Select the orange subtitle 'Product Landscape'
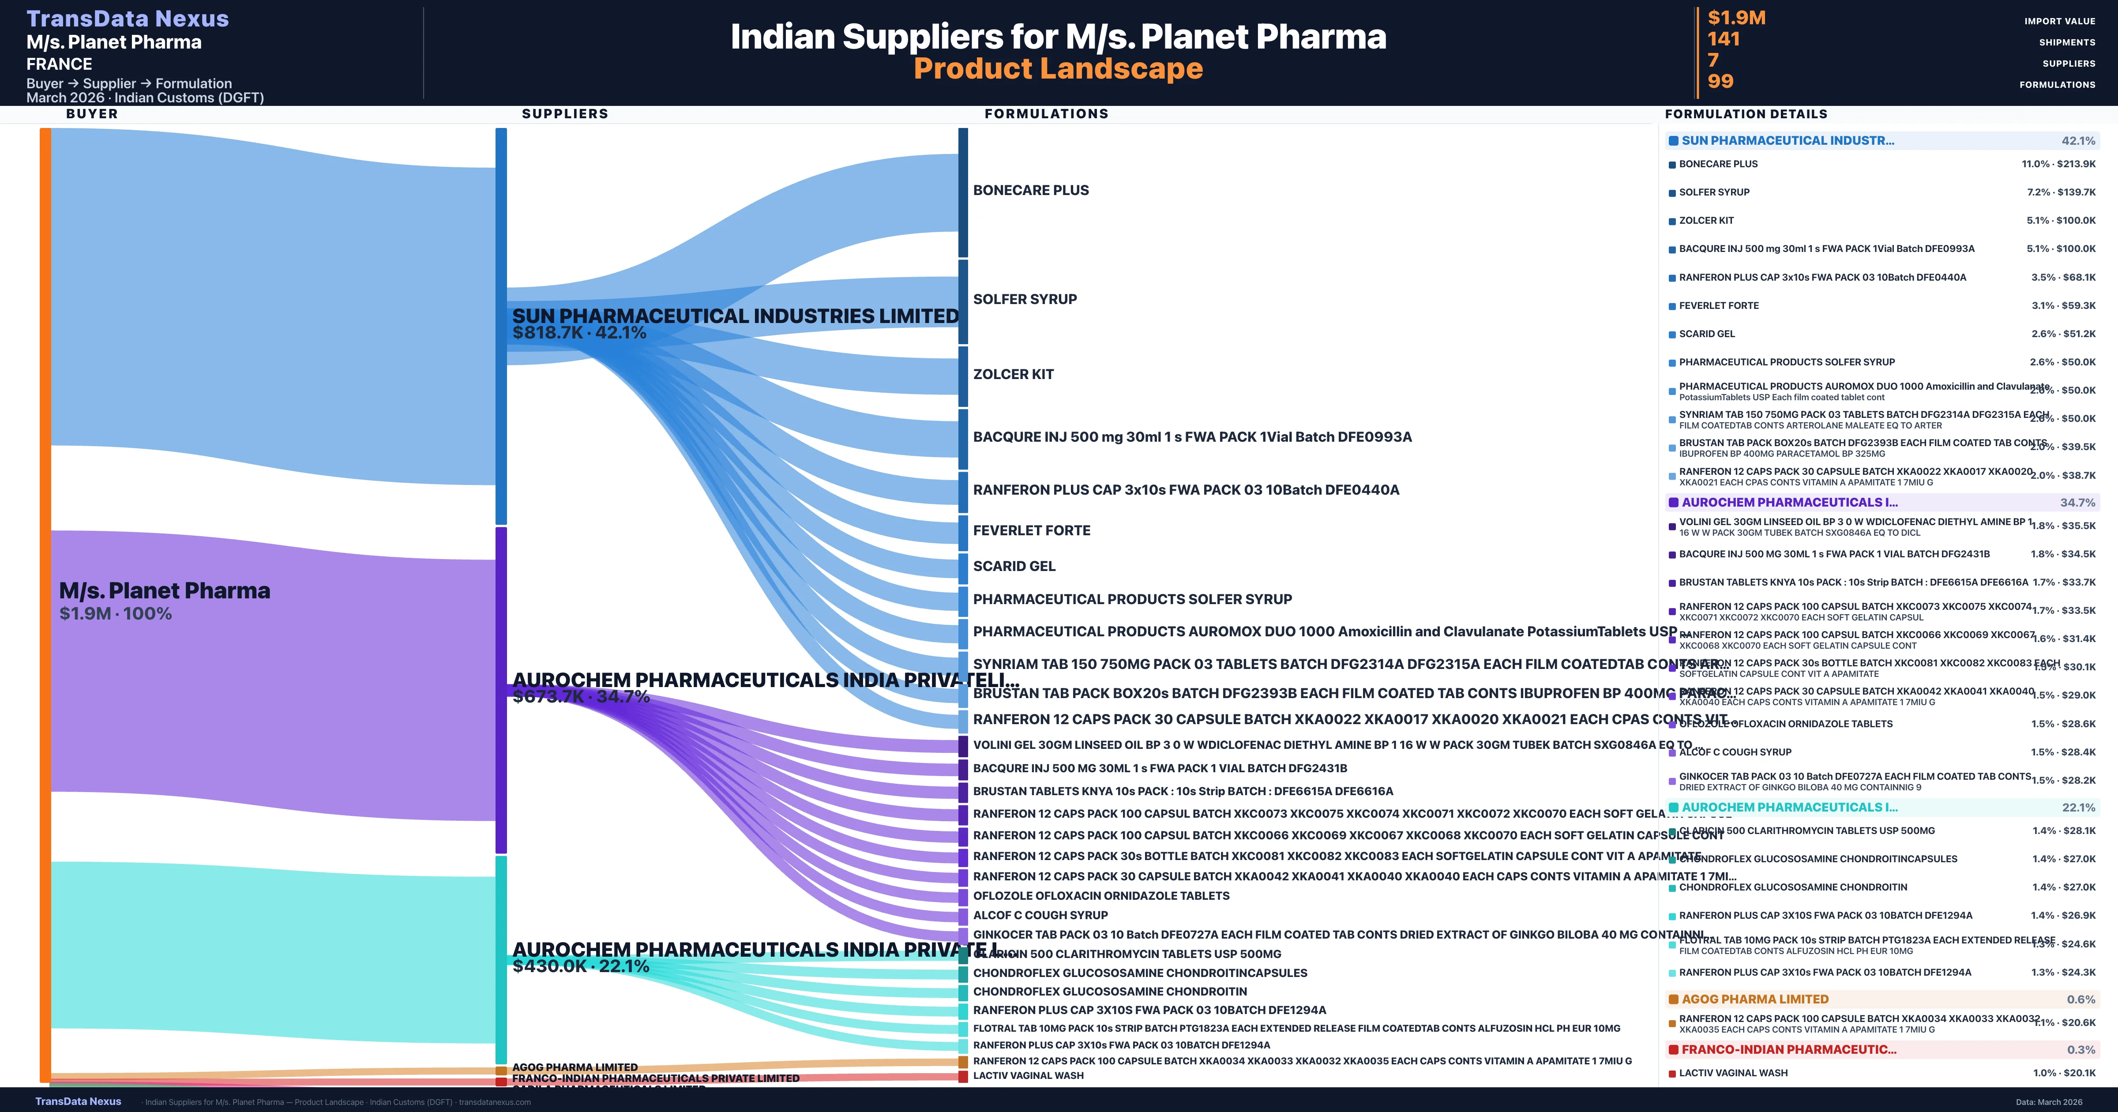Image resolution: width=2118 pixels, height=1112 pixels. (x=1058, y=68)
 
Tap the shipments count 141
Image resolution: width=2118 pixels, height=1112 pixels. (x=1724, y=39)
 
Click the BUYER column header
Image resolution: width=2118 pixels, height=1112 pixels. (x=92, y=113)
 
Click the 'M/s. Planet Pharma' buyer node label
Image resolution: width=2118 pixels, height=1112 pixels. (x=165, y=590)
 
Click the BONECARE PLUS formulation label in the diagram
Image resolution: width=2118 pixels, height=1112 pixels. (x=1031, y=190)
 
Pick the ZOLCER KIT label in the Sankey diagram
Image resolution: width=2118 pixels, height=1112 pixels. (x=1013, y=374)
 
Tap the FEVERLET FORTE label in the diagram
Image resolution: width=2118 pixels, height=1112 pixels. (x=1032, y=530)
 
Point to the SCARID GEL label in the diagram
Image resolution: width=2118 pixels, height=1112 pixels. (x=1014, y=566)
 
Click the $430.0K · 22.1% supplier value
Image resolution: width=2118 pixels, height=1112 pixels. (x=581, y=966)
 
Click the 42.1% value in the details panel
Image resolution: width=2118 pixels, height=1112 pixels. (x=2078, y=141)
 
